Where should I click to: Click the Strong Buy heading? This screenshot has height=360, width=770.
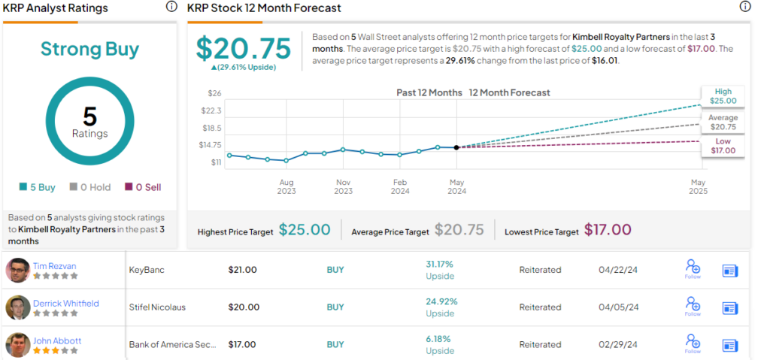tap(89, 50)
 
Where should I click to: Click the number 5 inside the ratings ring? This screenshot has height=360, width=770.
tap(89, 116)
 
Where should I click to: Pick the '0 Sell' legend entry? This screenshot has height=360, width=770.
tap(142, 187)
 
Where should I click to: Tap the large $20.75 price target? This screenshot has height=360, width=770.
tap(243, 48)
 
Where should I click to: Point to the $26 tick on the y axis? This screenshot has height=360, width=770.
tap(214, 93)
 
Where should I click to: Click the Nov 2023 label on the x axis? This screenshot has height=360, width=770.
tap(343, 186)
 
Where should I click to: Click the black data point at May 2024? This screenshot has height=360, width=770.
tap(456, 147)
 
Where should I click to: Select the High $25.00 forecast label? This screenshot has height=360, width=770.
tap(723, 95)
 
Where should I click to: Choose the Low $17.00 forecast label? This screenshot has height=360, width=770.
tap(723, 146)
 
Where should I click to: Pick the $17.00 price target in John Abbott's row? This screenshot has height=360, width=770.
tap(243, 344)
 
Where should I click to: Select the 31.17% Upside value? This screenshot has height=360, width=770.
tap(441, 264)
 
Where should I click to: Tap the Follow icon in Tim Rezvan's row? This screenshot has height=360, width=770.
tap(693, 268)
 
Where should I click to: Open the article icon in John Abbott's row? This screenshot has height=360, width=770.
tap(730, 345)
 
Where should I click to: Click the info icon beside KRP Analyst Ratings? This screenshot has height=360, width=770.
tap(171, 7)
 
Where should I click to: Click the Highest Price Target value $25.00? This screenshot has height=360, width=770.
tap(305, 230)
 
